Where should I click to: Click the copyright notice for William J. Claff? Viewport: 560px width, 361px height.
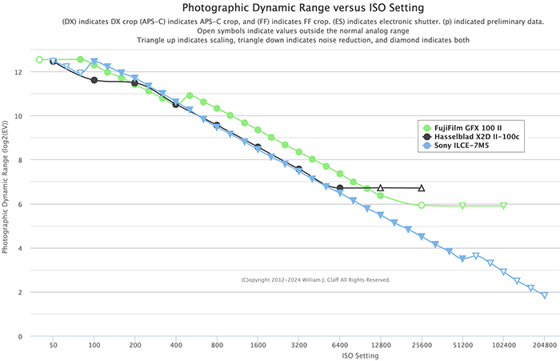tap(315, 280)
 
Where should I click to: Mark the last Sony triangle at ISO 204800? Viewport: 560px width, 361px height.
tap(545, 295)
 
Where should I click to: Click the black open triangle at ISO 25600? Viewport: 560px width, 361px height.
tap(422, 188)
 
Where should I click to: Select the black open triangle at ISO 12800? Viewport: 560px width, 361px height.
tap(381, 188)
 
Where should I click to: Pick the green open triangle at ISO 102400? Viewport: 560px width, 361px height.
tap(504, 206)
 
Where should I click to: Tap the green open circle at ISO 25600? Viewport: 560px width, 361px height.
tap(422, 205)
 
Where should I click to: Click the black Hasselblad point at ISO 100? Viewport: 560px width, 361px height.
tap(94, 80)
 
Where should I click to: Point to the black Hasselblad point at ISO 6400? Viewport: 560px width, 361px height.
tap(340, 188)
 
